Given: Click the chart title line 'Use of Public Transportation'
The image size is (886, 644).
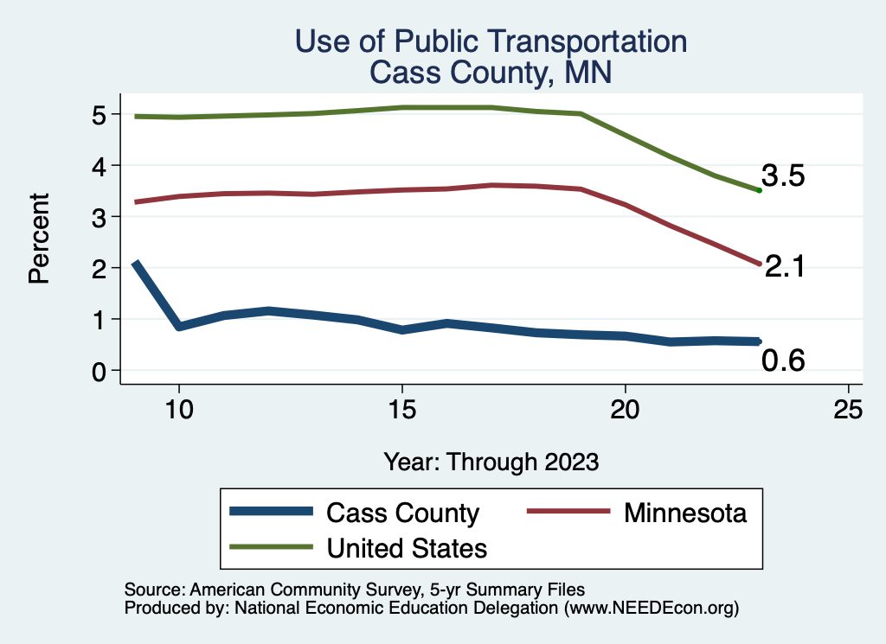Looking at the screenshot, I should [491, 41].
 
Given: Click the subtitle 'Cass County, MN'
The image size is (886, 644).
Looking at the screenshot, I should [491, 72].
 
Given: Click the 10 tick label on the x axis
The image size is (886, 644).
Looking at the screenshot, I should [178, 409].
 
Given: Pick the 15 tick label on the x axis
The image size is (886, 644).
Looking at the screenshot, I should [401, 409].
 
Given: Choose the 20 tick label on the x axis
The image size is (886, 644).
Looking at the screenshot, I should [625, 409].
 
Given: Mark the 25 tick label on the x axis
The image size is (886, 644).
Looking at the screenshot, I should [848, 409].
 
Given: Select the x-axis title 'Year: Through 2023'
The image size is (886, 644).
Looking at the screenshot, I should [491, 462].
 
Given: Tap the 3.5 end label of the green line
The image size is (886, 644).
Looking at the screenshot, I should [783, 176].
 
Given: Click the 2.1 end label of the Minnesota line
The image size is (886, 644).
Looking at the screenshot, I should [785, 267].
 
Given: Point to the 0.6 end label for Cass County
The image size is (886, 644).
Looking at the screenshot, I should [783, 361].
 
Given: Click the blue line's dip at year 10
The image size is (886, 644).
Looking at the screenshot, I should [178, 327].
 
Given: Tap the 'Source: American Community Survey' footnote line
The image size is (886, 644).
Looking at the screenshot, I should [355, 590].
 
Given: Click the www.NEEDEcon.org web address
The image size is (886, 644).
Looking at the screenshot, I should [651, 608].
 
